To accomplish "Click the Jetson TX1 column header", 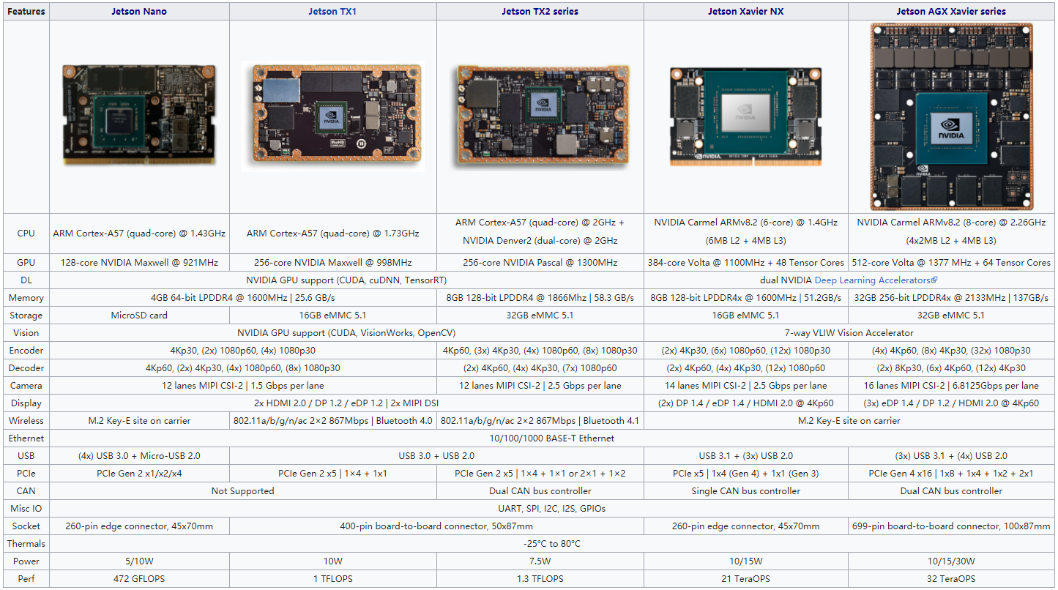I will point(332,11).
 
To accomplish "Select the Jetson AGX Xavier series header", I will point(950,11).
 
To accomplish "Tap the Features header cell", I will point(26,11).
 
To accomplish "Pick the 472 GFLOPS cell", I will point(139,579).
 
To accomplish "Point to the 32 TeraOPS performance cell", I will point(950,579).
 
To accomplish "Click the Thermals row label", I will point(26,544).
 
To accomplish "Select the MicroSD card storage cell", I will point(139,315).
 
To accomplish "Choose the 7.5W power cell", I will point(540,561).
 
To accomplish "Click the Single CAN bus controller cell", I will point(745,491).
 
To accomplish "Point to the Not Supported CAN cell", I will point(242,491).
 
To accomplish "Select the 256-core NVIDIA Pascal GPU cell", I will point(540,263).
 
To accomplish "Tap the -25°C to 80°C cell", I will point(553,544).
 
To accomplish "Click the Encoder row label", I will point(26,351).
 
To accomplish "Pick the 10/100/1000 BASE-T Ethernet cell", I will point(553,438).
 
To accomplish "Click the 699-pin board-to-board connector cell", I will point(950,526).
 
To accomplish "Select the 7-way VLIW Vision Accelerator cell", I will point(848,333).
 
